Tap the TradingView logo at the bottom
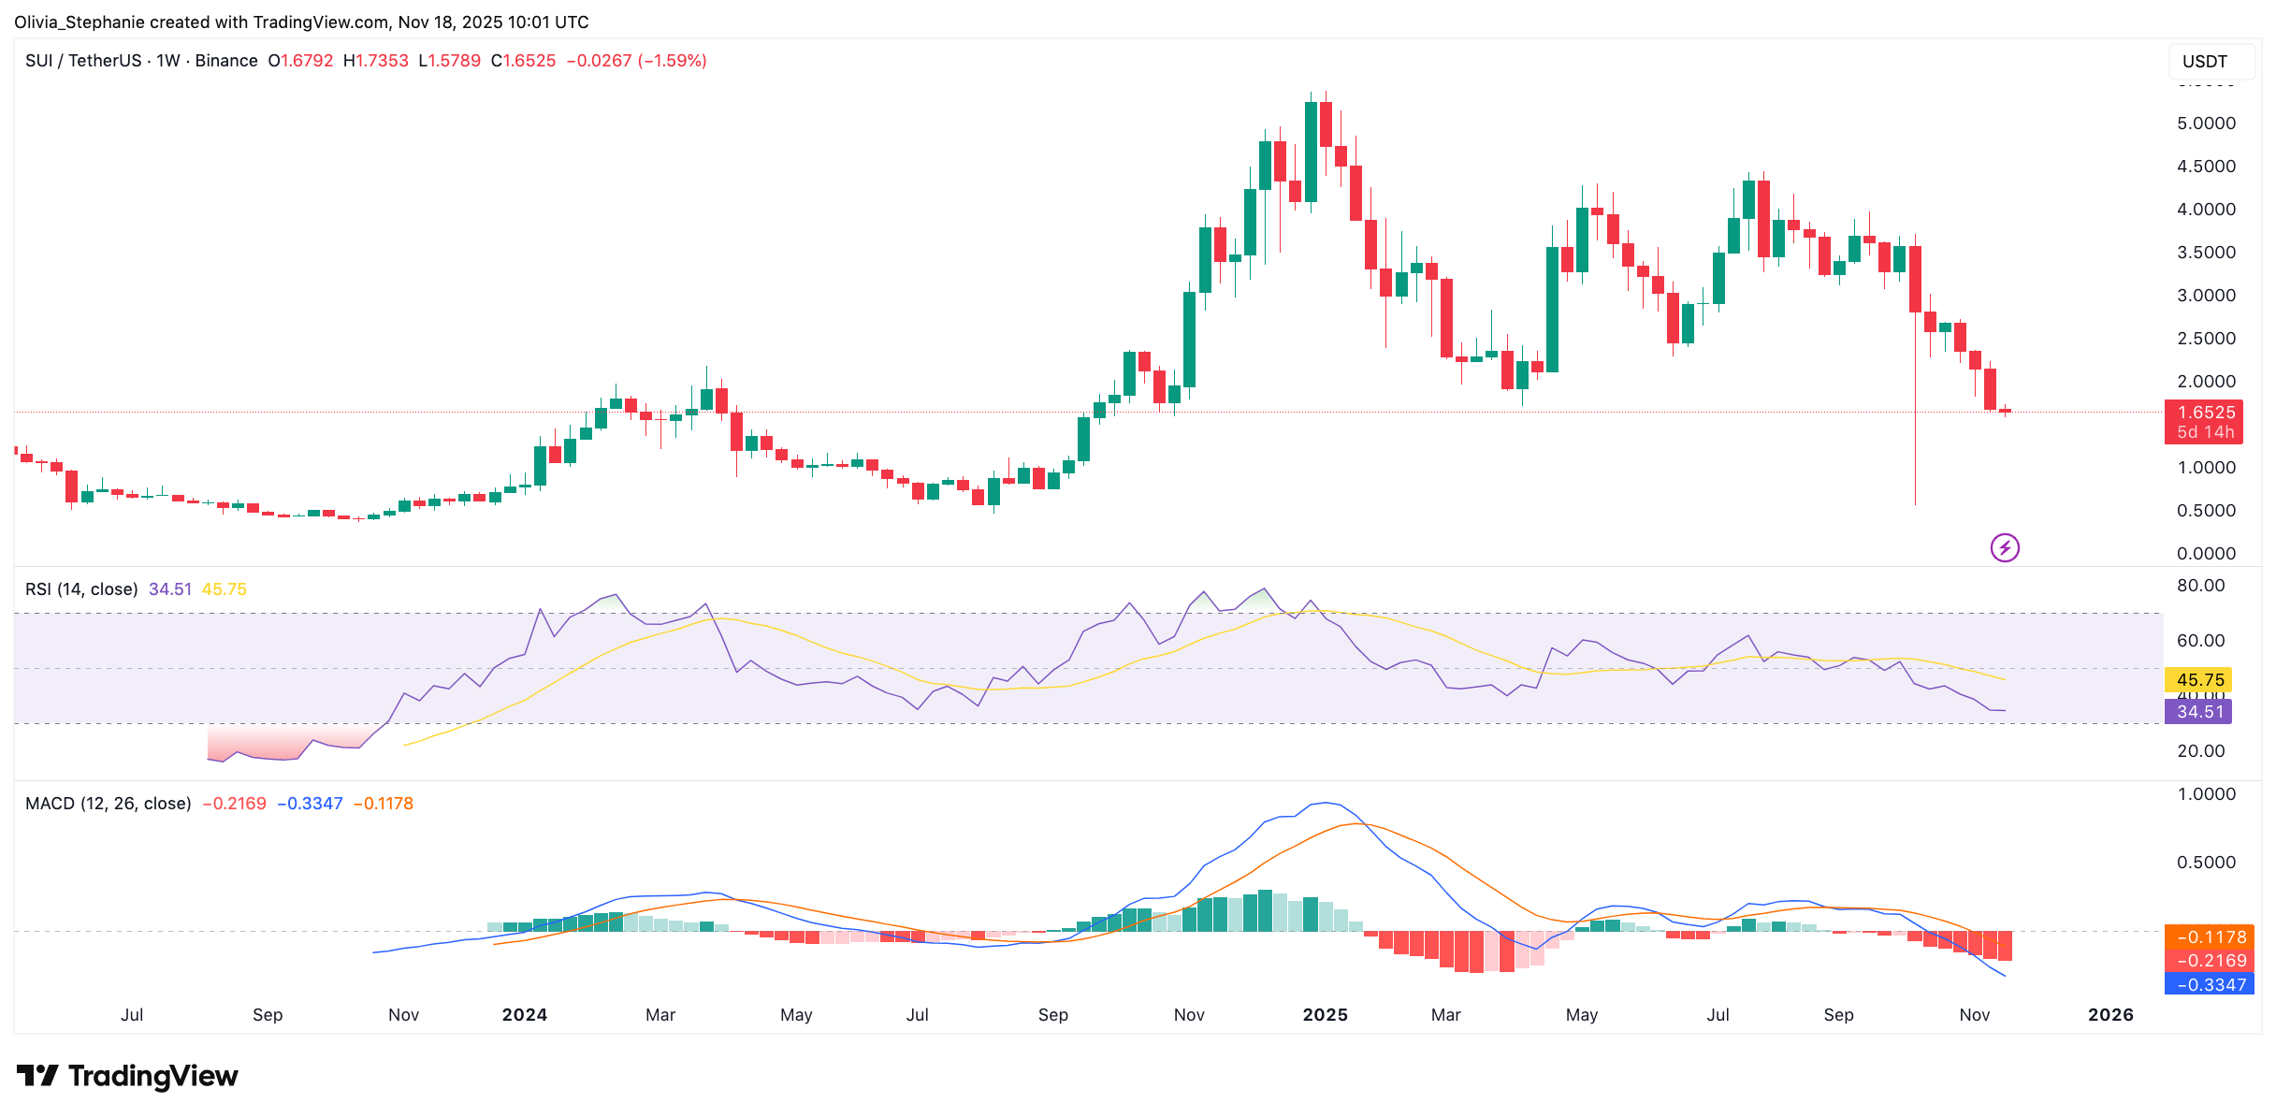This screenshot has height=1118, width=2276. pyautogui.click(x=127, y=1076)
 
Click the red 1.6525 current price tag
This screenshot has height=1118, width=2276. pyautogui.click(x=2204, y=413)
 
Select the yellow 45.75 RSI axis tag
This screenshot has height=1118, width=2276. pyautogui.click(x=2199, y=680)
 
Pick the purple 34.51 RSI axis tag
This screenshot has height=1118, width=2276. pyautogui.click(x=2199, y=712)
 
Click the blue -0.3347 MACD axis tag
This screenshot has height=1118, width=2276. pyautogui.click(x=2211, y=984)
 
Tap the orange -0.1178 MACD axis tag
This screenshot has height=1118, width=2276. pyautogui.click(x=2211, y=937)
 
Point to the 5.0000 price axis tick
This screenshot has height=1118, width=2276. pyautogui.click(x=2206, y=123)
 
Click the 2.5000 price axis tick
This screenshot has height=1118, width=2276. pyautogui.click(x=2206, y=339)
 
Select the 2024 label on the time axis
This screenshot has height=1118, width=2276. pyautogui.click(x=524, y=1015)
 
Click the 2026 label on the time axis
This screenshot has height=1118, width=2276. pyautogui.click(x=2110, y=1015)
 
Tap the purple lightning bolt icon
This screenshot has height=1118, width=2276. pyautogui.click(x=2005, y=547)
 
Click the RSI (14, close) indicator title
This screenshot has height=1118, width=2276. pyautogui.click(x=81, y=589)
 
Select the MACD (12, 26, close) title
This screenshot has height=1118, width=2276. pyautogui.click(x=109, y=804)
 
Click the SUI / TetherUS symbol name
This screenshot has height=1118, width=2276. pyautogui.click(x=83, y=61)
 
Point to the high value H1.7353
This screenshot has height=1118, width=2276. pyautogui.click(x=376, y=61)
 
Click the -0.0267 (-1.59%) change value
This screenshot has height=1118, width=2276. pyautogui.click(x=636, y=61)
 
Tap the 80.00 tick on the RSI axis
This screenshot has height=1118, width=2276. pyautogui.click(x=2200, y=586)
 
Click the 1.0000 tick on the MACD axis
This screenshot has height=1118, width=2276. pyautogui.click(x=2206, y=794)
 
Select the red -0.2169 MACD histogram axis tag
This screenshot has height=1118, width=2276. pyautogui.click(x=2211, y=961)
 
